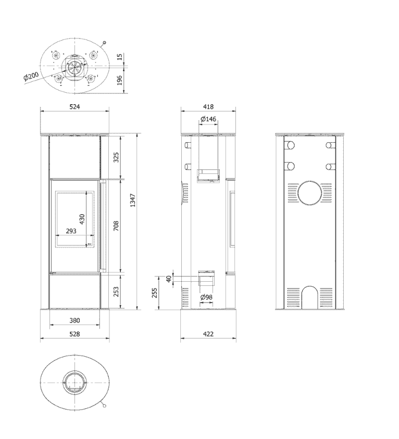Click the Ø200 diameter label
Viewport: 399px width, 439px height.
31,76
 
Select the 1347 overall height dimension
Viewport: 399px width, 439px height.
133,200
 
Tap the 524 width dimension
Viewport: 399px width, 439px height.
75,107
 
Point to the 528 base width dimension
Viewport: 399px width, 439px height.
75,334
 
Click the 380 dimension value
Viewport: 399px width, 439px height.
75,320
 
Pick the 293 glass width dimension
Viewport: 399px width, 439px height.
71,231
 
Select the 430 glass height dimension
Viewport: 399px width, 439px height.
82,219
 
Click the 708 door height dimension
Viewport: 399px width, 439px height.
116,226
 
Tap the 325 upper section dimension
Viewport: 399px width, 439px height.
116,157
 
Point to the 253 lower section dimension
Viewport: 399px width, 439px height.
116,292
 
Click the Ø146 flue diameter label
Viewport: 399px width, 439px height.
208,119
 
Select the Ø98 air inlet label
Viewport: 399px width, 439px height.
207,297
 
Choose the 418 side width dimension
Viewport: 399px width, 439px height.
208,107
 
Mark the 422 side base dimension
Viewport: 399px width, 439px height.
208,334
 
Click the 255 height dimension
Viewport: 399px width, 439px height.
154,293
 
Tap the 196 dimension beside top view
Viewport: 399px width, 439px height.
120,80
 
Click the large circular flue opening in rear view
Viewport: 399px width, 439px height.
310,193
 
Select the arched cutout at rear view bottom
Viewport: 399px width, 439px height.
310,287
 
